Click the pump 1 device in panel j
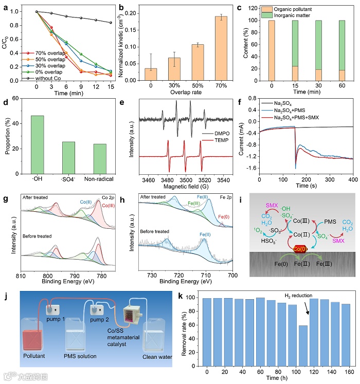50,311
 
